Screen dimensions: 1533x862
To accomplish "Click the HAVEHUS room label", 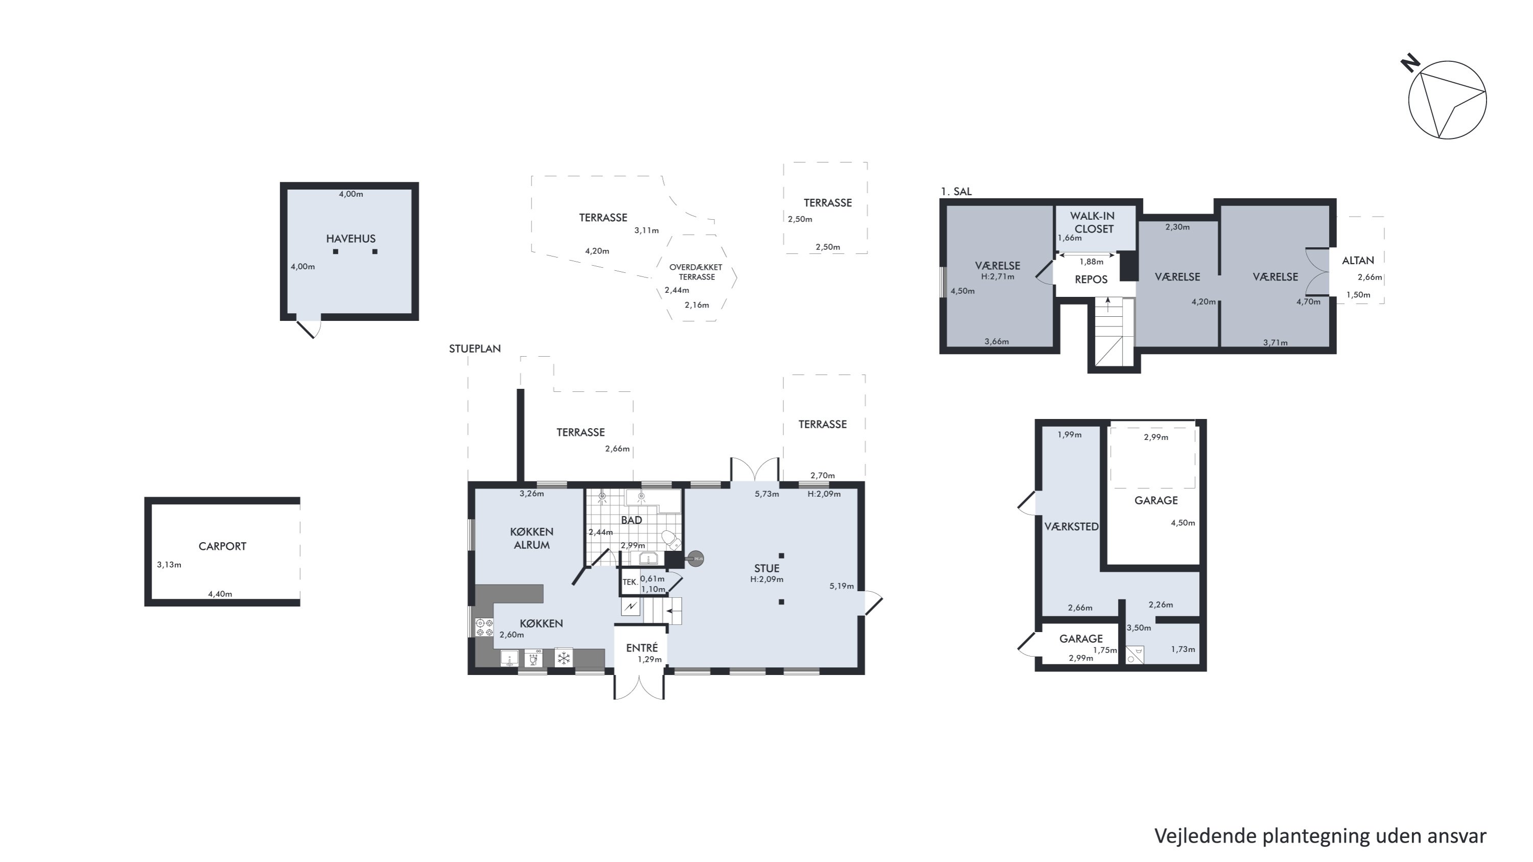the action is (351, 239).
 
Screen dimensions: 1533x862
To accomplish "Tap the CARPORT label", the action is (222, 546).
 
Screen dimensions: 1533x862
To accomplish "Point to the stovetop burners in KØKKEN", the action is (484, 627).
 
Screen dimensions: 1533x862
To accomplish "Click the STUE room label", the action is (766, 568).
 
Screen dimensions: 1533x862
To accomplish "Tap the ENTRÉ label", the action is (641, 648).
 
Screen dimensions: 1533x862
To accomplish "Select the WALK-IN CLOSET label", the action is (1093, 222).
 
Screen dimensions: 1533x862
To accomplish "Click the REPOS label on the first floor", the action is (1091, 279).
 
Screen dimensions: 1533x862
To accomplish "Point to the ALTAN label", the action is (1358, 260).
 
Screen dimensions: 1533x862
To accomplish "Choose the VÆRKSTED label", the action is (1071, 526).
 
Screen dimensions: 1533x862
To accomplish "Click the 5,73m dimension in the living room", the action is (766, 494).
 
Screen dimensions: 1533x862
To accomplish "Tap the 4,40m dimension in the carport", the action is (220, 594).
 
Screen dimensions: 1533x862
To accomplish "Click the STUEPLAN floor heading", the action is (475, 348).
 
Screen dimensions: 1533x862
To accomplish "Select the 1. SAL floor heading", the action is (956, 191).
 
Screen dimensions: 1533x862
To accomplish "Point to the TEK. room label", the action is (630, 583).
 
